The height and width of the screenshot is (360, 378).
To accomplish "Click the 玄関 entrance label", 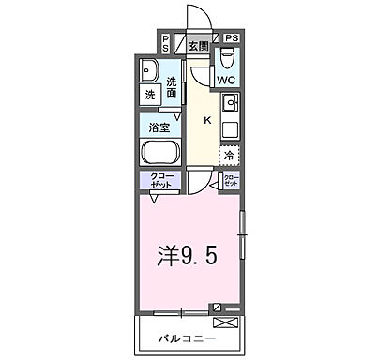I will pyautogui.click(x=197, y=46).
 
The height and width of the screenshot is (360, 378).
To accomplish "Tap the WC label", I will pyautogui.click(x=226, y=81).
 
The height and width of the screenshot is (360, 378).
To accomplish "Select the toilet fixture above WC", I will pyautogui.click(x=227, y=59).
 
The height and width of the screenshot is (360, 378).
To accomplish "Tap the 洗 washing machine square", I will pyautogui.click(x=150, y=95).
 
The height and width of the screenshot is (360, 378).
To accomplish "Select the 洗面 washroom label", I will pyautogui.click(x=172, y=87).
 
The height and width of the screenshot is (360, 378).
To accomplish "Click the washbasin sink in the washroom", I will pyautogui.click(x=150, y=71).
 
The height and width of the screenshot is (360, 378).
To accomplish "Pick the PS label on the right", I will pyautogui.click(x=232, y=38).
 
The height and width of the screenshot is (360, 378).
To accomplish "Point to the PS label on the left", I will pyautogui.click(x=165, y=42).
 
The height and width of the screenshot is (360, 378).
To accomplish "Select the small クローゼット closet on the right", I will pyautogui.click(x=231, y=181).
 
